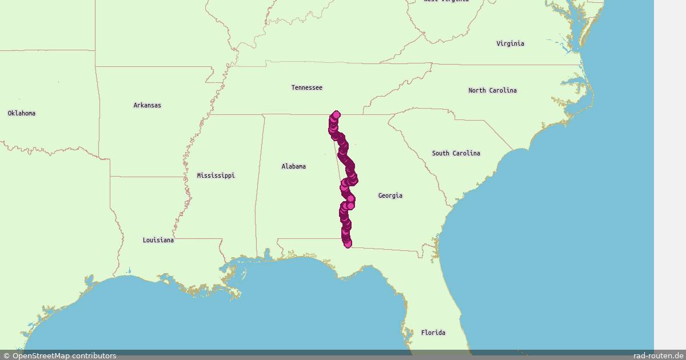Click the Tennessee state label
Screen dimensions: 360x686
coord(306,87)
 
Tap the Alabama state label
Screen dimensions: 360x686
coord(293,166)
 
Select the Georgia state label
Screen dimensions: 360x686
coord(390,195)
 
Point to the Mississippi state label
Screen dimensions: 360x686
coord(216,175)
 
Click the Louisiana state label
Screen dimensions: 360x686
coord(158,240)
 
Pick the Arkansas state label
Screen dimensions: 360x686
coord(147,105)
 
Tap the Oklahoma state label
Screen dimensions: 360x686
coord(21,113)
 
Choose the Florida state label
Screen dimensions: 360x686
coord(433,333)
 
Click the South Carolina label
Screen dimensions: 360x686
coord(456,153)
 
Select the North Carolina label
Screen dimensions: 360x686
coord(492,90)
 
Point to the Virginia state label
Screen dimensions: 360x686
coord(510,43)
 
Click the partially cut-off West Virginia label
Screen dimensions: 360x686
coord(446,1)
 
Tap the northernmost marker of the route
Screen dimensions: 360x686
coord(336,114)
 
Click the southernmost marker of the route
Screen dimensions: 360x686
coord(348,244)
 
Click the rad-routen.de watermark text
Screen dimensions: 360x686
coord(658,355)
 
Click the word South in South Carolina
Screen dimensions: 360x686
coord(441,153)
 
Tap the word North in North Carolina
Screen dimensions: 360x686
coord(478,90)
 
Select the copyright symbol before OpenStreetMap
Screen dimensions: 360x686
coord(6,355)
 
